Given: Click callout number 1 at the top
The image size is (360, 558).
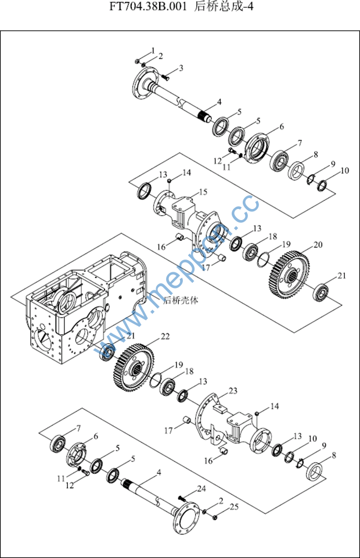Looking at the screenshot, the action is pyautogui.click(x=153, y=50).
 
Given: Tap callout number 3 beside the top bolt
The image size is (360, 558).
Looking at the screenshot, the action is pyautogui.click(x=181, y=68).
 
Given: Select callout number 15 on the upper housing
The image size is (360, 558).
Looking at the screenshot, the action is pyautogui.click(x=203, y=192).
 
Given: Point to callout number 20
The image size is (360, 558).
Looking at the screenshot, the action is pyautogui.click(x=318, y=245).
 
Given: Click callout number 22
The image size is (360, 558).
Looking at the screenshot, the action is pyautogui.click(x=165, y=336).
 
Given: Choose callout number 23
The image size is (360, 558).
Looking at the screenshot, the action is pyautogui.click(x=233, y=391).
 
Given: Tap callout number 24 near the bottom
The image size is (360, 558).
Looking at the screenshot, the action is pyautogui.click(x=201, y=488).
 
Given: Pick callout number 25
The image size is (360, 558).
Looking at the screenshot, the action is pyautogui.click(x=234, y=507).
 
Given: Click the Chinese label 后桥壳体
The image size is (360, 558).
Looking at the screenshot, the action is pyautogui.click(x=181, y=300).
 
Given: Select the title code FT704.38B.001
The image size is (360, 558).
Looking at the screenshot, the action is pyautogui.click(x=147, y=7).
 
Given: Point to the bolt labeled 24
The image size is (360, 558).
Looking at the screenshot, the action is pyautogui.click(x=182, y=498).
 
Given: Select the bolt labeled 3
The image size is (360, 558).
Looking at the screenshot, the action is pyautogui.click(x=165, y=76).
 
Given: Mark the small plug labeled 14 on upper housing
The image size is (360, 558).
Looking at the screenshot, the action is pyautogui.click(x=170, y=181).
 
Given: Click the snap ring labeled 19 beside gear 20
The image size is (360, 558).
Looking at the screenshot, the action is pyautogui.click(x=263, y=259).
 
